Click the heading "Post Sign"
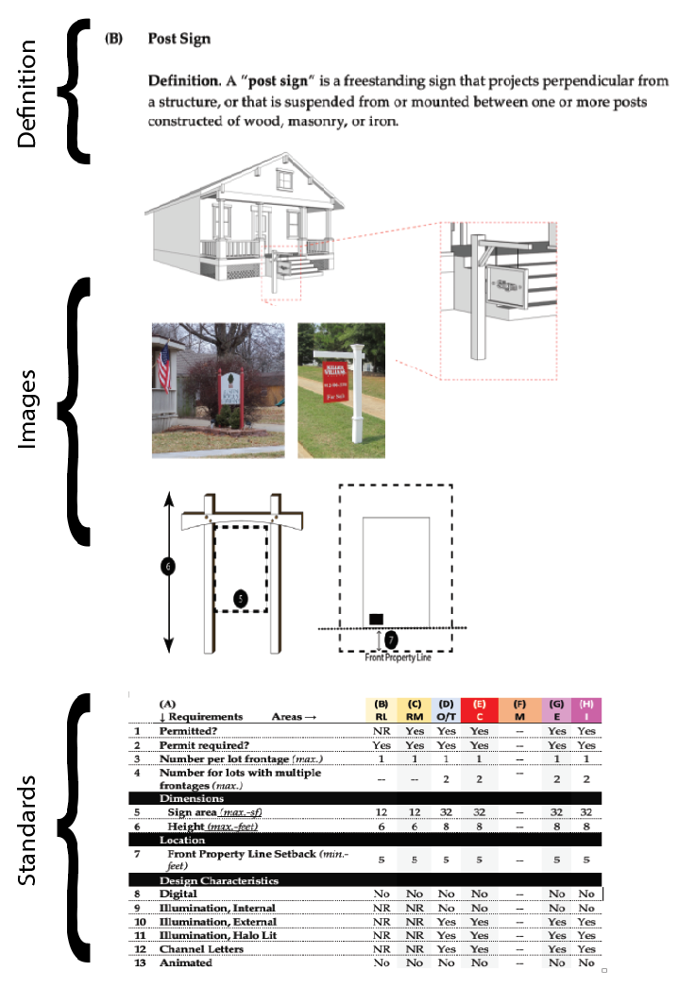point(178,39)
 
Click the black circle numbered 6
point(168,566)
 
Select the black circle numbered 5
point(241,598)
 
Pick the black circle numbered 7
point(391,639)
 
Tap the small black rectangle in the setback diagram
point(376,619)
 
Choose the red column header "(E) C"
point(480,709)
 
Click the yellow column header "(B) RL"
point(382,709)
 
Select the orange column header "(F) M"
point(519,709)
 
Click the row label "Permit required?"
point(204,744)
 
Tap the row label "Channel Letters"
point(201,948)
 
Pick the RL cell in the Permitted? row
point(382,731)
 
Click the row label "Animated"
point(185,962)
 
